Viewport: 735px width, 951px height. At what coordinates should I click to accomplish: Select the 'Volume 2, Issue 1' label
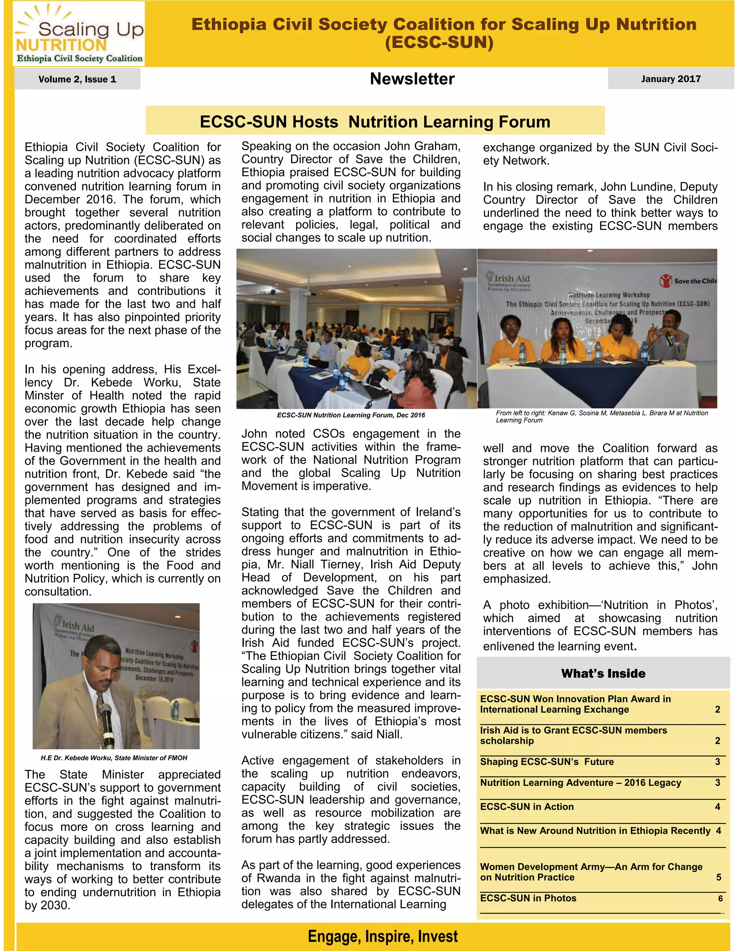[77, 79]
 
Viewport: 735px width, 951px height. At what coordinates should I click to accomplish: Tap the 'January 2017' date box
[670, 79]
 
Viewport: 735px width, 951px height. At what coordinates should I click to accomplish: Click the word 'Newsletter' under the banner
[412, 79]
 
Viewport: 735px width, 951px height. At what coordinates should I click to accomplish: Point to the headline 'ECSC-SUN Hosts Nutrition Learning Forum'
[375, 122]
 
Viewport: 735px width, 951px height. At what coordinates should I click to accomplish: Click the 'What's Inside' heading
[603, 673]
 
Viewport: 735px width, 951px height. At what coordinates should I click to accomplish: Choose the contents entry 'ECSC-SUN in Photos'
[528, 898]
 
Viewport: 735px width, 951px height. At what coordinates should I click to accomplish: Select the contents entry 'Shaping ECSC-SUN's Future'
[547, 762]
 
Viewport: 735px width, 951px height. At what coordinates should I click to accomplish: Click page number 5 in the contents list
[718, 877]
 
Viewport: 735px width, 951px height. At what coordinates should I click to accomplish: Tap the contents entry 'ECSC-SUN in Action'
[527, 806]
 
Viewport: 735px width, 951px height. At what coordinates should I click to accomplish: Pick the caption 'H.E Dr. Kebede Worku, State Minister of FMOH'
[114, 758]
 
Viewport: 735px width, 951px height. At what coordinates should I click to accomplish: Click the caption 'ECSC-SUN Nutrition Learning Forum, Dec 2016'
[351, 415]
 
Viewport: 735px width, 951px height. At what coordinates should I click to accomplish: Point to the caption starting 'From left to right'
[601, 416]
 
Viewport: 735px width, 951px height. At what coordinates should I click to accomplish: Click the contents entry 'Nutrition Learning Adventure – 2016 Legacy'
[580, 782]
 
